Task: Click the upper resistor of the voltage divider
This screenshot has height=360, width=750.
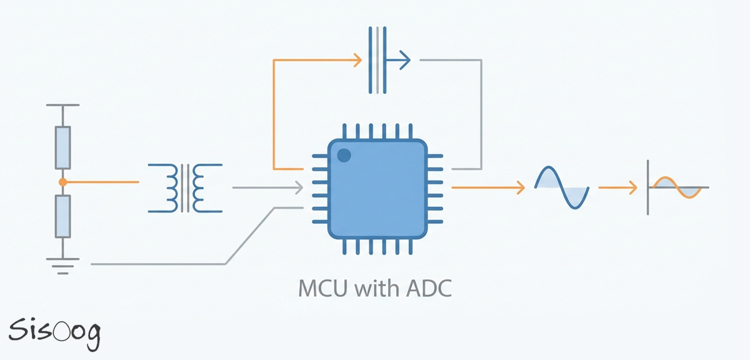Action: point(62,147)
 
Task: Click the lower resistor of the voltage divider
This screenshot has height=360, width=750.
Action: point(62,216)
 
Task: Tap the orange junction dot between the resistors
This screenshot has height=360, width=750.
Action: point(62,182)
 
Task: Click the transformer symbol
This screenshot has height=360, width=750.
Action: point(185,187)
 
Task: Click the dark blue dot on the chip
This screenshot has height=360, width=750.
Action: point(343,154)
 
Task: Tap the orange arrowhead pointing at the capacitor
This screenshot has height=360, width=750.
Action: point(358,61)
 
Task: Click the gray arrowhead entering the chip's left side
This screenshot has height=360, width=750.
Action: point(299,187)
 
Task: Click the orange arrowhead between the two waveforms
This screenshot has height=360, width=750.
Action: point(632,187)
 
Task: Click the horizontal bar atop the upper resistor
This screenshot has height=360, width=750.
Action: point(62,106)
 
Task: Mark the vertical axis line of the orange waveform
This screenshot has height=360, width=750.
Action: point(647,187)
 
